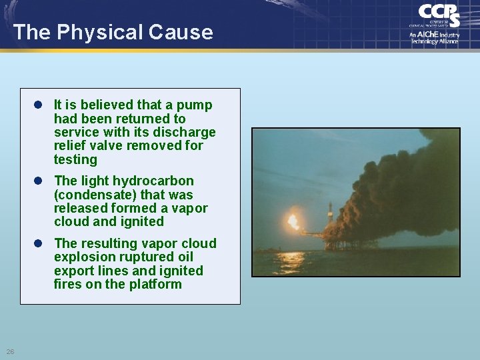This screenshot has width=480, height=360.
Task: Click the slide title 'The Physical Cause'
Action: [x=113, y=32]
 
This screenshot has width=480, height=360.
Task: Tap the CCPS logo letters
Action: [x=438, y=15]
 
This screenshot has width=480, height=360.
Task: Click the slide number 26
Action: [x=11, y=351]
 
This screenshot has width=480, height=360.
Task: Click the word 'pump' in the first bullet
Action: [x=197, y=105]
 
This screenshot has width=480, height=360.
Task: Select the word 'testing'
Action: [x=75, y=160]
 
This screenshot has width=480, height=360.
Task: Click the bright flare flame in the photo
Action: [x=292, y=221]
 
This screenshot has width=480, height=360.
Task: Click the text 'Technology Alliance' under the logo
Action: [x=434, y=41]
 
